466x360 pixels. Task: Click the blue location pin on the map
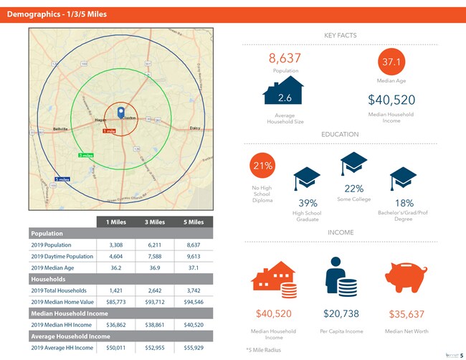pyautogui.click(x=120, y=112)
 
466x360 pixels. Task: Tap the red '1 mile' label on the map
pyautogui.click(x=109, y=132)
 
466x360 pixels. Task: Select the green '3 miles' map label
pyautogui.click(x=85, y=155)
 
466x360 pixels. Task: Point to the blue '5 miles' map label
pyautogui.click(x=62, y=179)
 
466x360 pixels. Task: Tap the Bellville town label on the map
pyautogui.click(x=60, y=128)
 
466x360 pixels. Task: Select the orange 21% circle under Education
pyautogui.click(x=262, y=166)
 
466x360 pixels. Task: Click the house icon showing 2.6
pyautogui.click(x=283, y=94)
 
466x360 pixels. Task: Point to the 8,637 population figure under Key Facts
pyautogui.click(x=285, y=57)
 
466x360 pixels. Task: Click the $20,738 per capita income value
pyautogui.click(x=341, y=314)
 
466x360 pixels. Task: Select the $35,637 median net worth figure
pyautogui.click(x=406, y=314)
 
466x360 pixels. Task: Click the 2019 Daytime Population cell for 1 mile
pyautogui.click(x=116, y=256)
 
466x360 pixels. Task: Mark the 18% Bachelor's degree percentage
pyautogui.click(x=404, y=203)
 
